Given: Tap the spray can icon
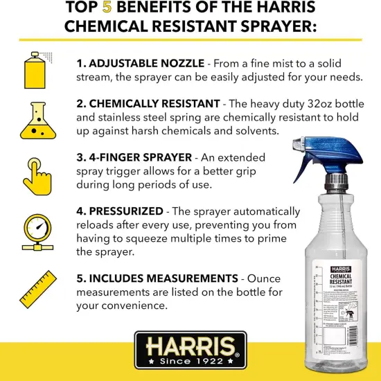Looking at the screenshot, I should pos(35,64).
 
